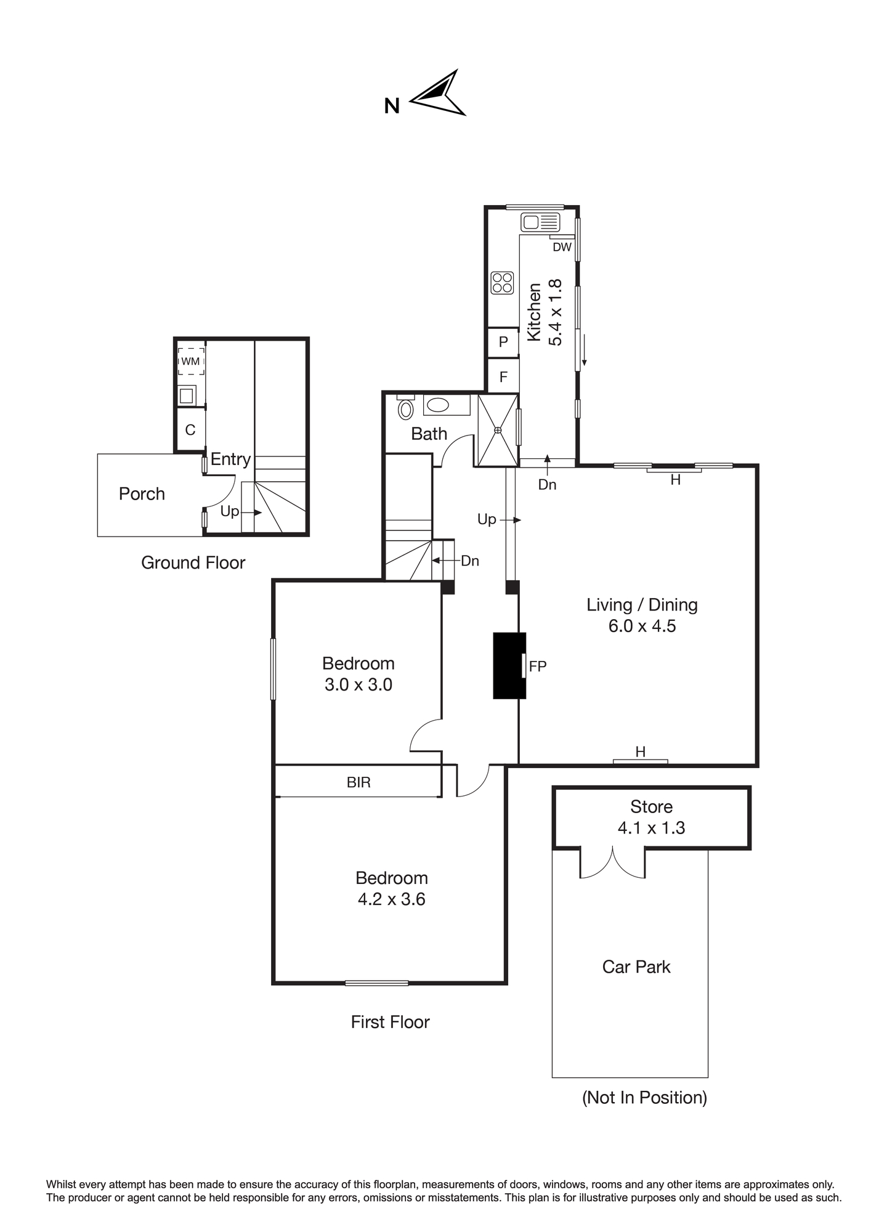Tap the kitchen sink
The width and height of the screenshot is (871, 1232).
[540, 222]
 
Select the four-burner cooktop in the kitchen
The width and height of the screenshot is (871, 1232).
[503, 283]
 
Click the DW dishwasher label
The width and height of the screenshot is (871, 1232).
[562, 247]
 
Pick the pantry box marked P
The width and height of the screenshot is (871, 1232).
[503, 342]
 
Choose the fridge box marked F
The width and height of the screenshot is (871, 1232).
[503, 376]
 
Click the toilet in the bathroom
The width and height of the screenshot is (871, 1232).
[405, 409]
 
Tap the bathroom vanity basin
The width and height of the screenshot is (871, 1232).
[438, 405]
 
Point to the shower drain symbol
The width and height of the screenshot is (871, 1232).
[498, 430]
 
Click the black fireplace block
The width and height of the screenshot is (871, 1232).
[509, 666]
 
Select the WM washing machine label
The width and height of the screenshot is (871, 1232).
[190, 362]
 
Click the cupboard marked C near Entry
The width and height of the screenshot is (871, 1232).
[190, 430]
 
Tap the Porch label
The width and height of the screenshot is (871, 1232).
[142, 494]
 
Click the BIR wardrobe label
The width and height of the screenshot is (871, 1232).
[359, 782]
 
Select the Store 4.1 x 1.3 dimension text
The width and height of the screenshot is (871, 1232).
[651, 828]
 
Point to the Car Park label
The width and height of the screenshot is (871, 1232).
[636, 967]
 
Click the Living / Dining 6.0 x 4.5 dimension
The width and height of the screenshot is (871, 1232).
[642, 626]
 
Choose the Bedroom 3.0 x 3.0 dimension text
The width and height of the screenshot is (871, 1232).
[359, 684]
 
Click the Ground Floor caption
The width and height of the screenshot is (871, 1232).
[193, 562]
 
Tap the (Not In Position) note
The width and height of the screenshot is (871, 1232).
[644, 1097]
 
